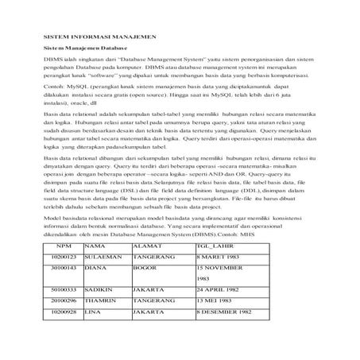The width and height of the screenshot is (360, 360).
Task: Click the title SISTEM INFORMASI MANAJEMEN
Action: coord(99,37)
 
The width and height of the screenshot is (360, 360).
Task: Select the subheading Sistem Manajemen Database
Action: coord(79,48)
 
